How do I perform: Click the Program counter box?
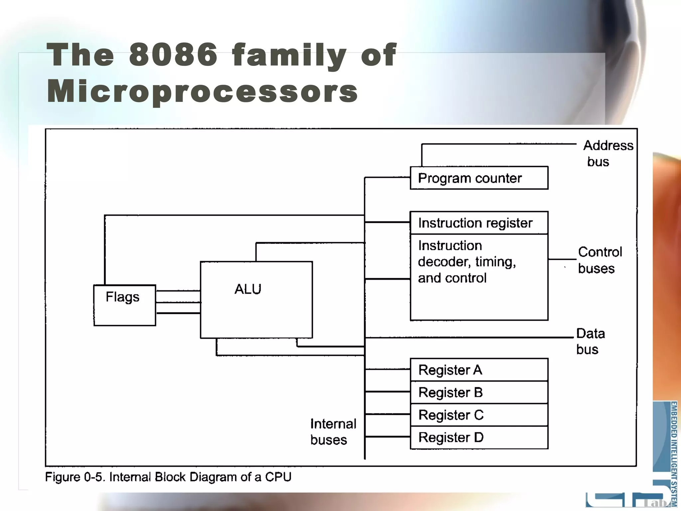479,178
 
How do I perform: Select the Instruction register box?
479,223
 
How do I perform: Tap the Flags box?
125,305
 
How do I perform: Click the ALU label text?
248,289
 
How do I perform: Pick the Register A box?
479,370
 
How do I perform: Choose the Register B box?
479,393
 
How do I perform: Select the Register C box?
479,415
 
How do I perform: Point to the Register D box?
479,437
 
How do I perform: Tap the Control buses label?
599,260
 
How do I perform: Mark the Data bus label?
590,341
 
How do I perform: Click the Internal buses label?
333,432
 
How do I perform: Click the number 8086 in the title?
173,55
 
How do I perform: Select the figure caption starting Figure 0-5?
168,477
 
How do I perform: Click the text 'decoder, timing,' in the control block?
467,262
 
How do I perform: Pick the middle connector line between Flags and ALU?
178,302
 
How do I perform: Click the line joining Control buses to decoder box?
562,259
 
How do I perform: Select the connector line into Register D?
387,436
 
